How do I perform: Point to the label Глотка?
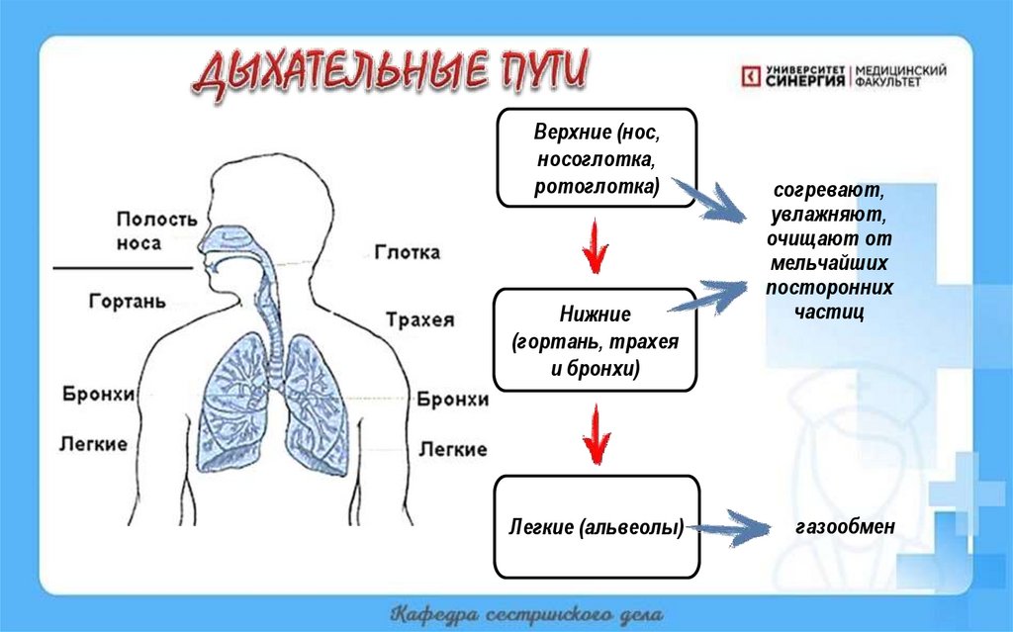[408, 252]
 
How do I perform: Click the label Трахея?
[419, 319]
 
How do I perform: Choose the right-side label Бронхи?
[452, 399]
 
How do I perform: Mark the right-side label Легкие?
[452, 449]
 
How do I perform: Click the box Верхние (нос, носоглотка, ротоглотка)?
[597, 158]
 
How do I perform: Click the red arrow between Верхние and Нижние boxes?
[594, 248]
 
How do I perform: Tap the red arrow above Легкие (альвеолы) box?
[595, 433]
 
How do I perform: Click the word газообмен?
[844, 527]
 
